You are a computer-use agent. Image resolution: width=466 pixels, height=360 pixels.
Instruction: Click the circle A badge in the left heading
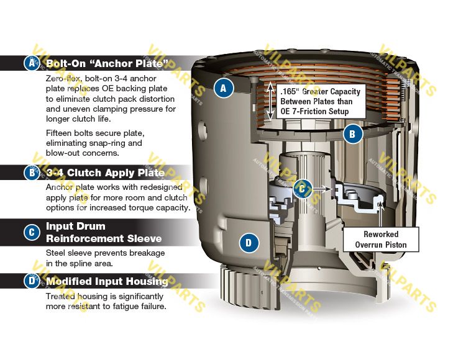(x=31, y=63)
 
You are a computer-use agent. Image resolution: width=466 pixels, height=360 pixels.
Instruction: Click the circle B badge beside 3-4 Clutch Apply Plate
(x=31, y=173)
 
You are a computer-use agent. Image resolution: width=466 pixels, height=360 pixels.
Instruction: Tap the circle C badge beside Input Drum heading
(x=31, y=232)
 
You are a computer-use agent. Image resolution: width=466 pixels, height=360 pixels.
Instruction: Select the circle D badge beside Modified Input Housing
(x=31, y=281)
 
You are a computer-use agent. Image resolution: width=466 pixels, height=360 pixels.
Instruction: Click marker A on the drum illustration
(x=224, y=89)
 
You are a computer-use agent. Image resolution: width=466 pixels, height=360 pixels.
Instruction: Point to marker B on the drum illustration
(x=352, y=133)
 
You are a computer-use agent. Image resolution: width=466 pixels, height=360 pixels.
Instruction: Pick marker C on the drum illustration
(x=302, y=187)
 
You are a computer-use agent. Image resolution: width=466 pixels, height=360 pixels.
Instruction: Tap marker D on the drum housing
(x=249, y=242)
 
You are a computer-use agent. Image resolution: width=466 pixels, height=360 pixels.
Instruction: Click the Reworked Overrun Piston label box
(x=390, y=240)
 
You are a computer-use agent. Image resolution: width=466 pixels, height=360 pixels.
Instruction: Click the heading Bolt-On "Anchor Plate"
(x=107, y=63)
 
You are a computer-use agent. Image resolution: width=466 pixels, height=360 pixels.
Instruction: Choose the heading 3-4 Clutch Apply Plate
(x=105, y=173)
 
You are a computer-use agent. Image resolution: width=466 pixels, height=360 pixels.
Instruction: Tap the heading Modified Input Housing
(x=107, y=281)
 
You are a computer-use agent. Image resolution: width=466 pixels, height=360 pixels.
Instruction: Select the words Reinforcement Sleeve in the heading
(x=104, y=238)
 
